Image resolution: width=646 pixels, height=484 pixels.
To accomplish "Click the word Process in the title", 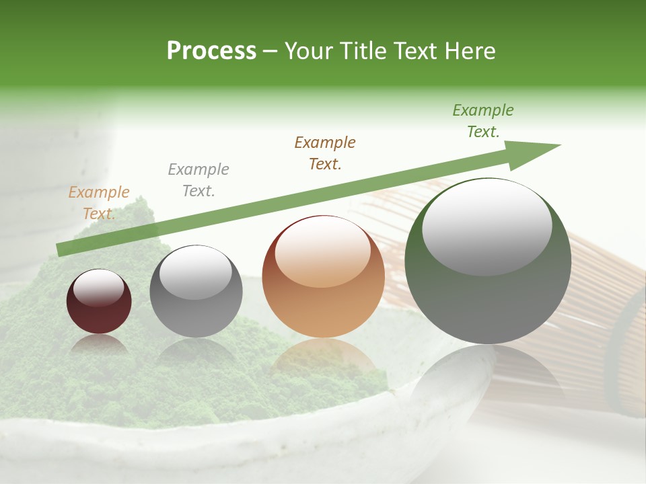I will pos(211,51).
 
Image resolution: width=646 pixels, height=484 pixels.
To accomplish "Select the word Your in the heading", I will pos(308,51).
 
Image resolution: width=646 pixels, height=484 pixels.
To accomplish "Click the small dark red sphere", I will pos(99,302).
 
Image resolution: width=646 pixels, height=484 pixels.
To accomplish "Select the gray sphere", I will pos(196,291).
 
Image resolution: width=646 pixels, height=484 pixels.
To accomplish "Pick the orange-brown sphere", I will pos(323,276).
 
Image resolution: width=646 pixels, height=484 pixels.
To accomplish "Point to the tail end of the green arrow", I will pos(61,249).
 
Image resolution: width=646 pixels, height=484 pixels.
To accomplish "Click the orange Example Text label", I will pos(99,203).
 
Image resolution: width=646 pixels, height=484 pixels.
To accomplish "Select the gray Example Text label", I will pos(199,180).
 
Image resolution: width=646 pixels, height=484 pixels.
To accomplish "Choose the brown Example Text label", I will pos(325,153).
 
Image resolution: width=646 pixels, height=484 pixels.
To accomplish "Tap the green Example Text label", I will pos(482,121).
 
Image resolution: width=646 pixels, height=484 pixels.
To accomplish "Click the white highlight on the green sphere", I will pos(487,227).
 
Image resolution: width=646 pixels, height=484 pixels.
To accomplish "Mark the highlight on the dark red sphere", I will pos(98,288).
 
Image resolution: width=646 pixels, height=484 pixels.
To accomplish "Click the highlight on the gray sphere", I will pos(195,272).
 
